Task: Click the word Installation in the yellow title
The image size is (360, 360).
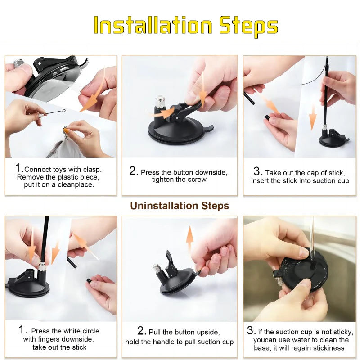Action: coord(153,25)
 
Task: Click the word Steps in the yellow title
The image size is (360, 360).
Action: coord(248,27)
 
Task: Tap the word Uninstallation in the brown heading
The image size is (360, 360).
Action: coord(164,206)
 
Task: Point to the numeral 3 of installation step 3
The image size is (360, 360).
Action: coord(257,171)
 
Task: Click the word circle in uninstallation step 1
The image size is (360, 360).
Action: coord(89,331)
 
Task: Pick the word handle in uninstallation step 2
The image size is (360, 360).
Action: coord(164,342)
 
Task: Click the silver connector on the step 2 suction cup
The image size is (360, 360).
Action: coord(159,103)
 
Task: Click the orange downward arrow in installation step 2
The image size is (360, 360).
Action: coord(203,87)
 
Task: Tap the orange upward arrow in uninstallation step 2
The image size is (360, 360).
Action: coord(189,239)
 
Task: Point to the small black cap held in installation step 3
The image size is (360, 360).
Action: coord(267,117)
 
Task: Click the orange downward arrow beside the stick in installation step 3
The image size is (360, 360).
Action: coord(312,118)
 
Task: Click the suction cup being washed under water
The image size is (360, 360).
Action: coord(301,273)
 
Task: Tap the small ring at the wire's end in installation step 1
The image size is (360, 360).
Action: coord(64,111)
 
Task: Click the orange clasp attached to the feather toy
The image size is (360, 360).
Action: coord(66,130)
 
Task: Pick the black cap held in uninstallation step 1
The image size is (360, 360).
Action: coord(88,281)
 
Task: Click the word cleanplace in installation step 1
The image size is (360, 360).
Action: coord(76,185)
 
